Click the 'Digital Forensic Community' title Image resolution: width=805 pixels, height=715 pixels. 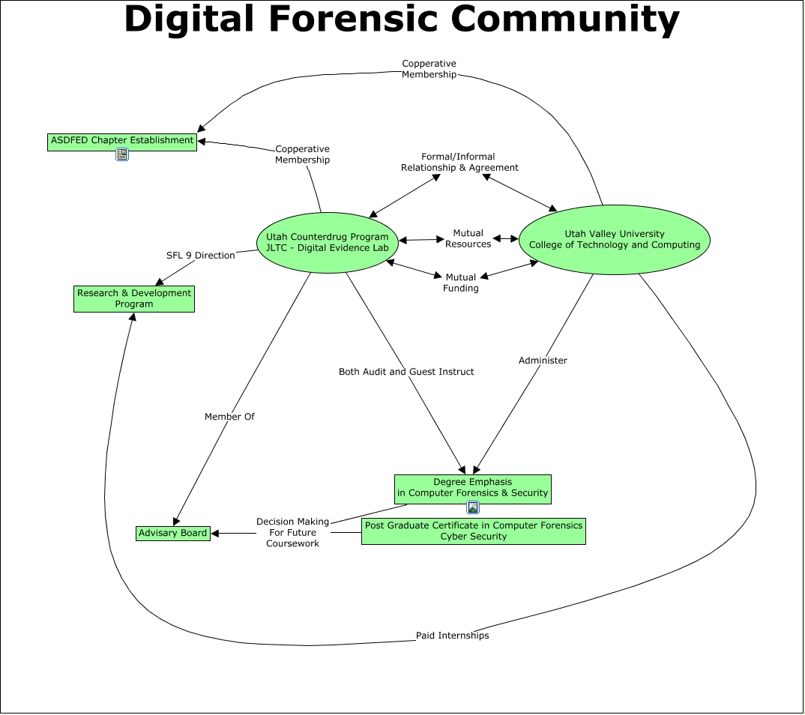tap(402, 20)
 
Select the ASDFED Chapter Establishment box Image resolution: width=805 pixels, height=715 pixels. tap(122, 141)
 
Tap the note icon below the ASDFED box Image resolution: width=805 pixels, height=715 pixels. tap(122, 155)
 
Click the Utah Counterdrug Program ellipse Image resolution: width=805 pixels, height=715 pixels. tap(328, 242)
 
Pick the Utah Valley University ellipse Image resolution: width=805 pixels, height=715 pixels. tap(614, 240)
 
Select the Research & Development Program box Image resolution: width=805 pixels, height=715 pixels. tap(135, 298)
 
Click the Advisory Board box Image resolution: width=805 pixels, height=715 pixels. tap(173, 533)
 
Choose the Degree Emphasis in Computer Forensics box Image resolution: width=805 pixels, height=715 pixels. tap(473, 488)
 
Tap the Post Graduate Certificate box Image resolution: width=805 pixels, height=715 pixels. tap(473, 531)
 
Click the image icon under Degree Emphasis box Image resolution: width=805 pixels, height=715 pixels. tap(473, 507)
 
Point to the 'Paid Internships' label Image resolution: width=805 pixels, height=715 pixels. tap(452, 636)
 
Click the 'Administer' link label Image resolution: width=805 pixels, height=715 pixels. tap(543, 360)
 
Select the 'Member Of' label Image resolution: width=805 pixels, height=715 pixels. tap(229, 417)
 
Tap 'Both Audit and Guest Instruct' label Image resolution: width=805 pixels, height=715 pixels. tap(406, 372)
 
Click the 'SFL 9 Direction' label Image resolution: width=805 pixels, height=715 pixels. tap(200, 256)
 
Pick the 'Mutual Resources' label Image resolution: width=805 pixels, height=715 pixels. tap(468, 238)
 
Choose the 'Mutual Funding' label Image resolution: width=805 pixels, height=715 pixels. tap(461, 283)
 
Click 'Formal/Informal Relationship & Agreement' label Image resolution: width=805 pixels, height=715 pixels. tap(459, 163)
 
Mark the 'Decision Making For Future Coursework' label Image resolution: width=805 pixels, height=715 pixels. tap(292, 532)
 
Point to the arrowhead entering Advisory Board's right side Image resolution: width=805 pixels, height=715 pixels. tap(216, 534)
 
